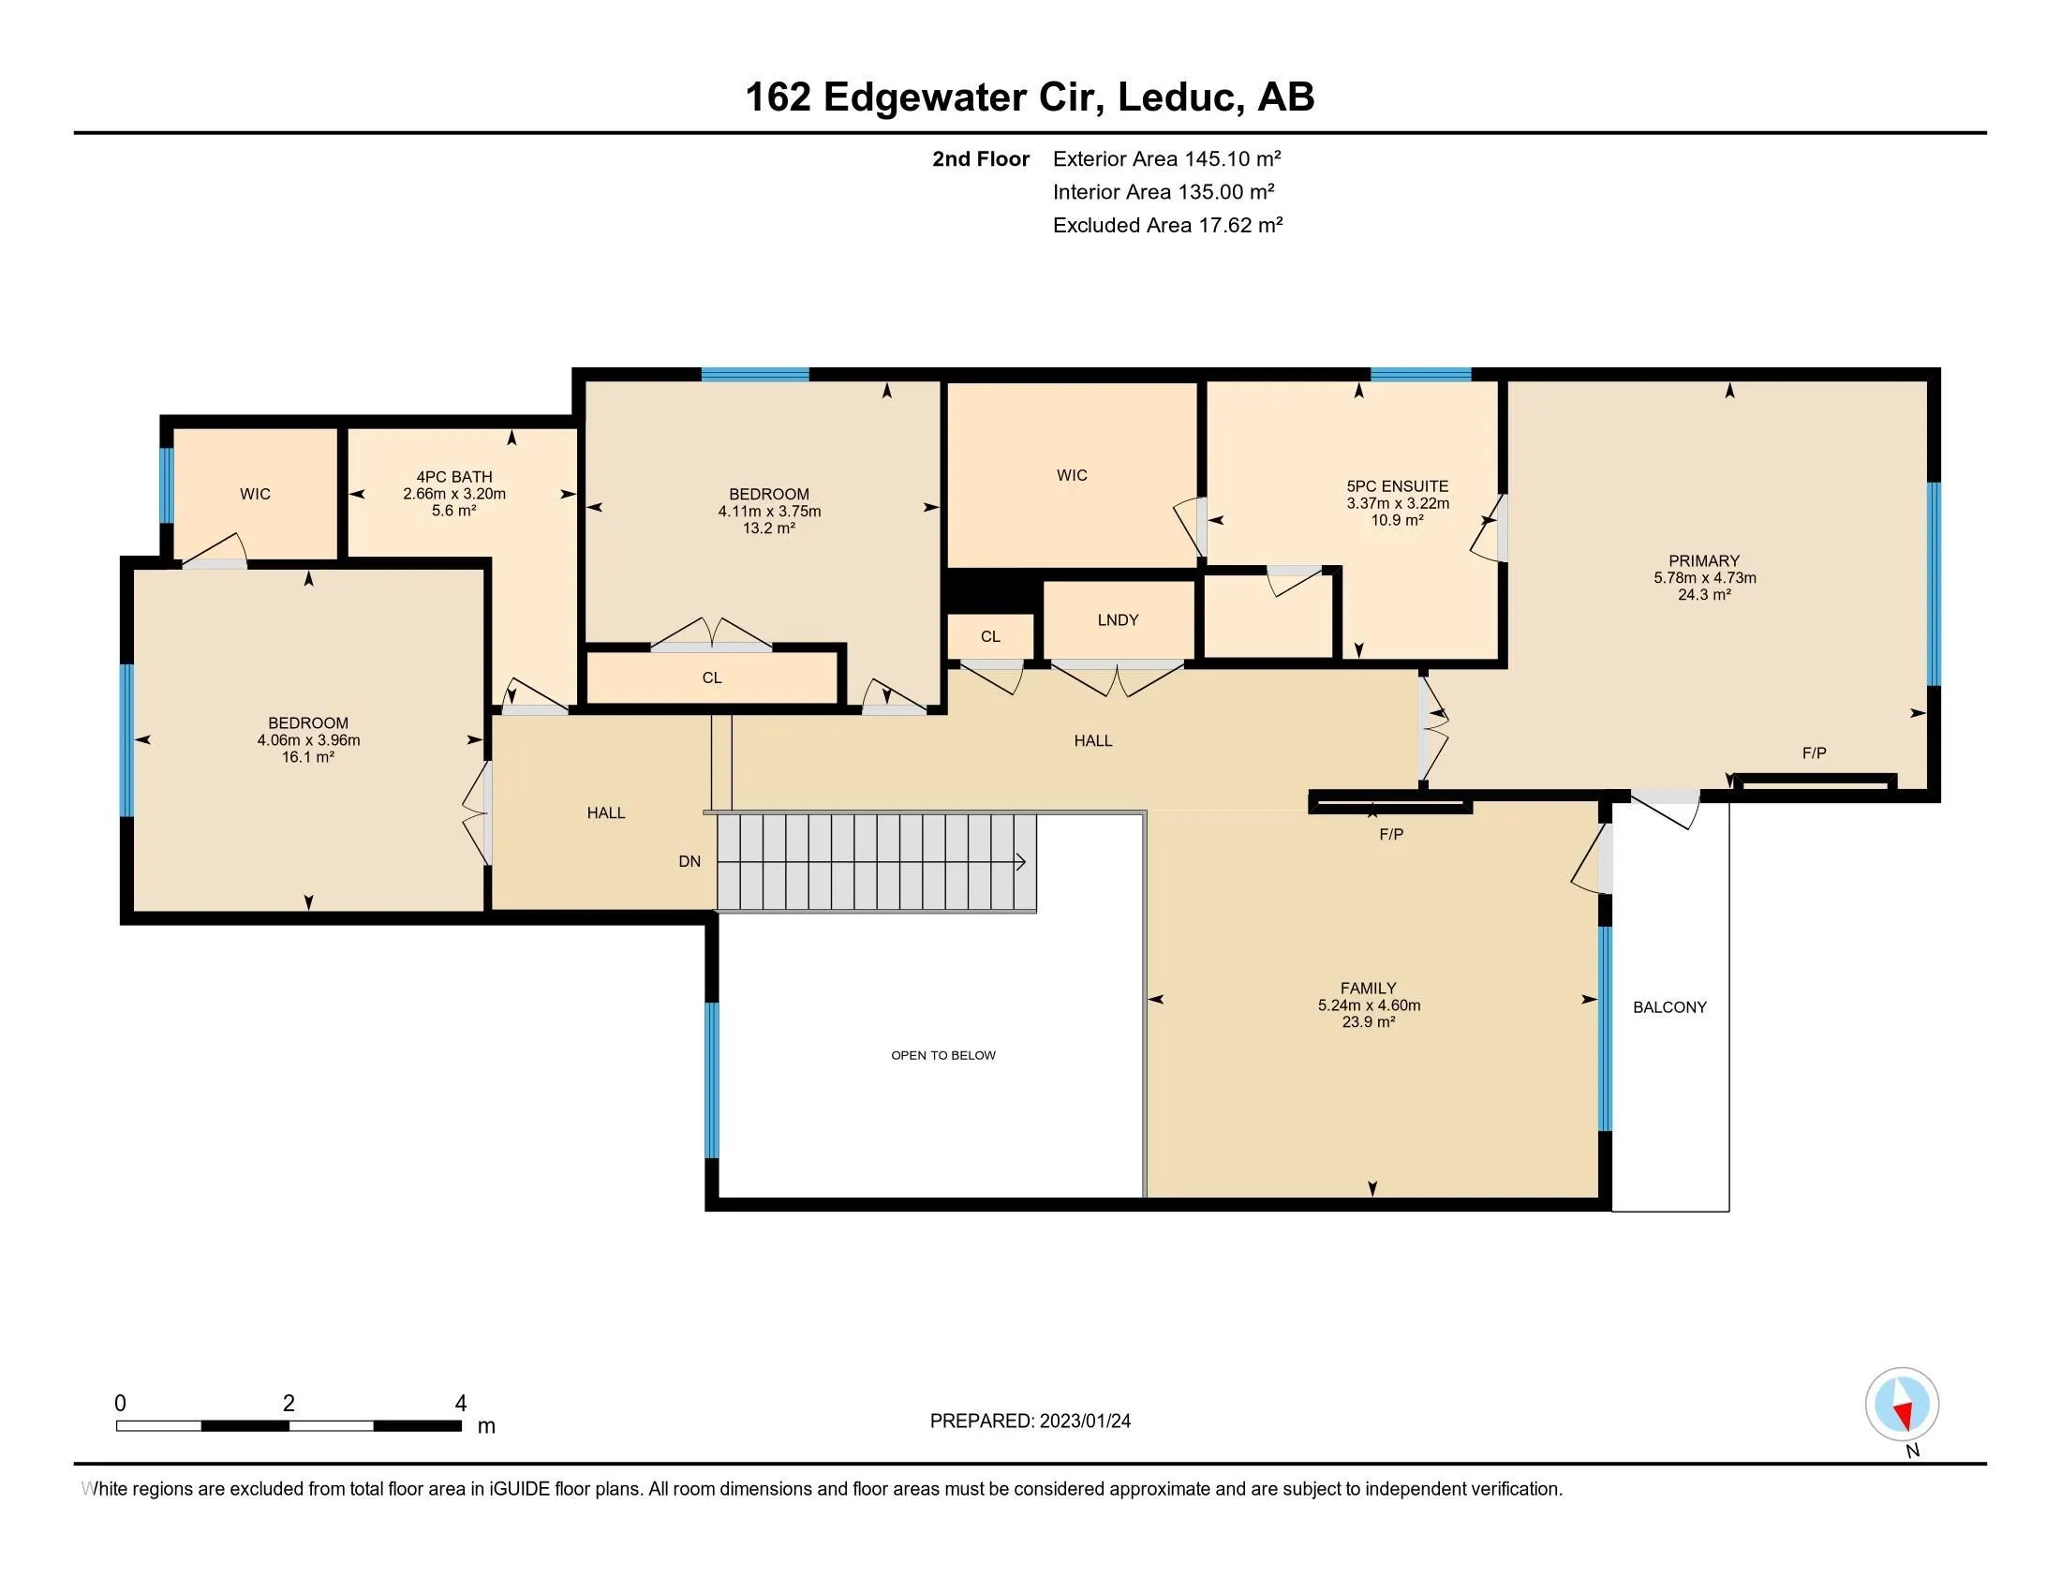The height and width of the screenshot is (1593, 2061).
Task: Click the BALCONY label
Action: coord(1668,1007)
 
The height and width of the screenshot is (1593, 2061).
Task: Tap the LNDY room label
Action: coord(1118,620)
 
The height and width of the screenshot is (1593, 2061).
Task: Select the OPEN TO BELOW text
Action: coord(942,1055)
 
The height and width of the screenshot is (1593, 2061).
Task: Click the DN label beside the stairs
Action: coord(689,861)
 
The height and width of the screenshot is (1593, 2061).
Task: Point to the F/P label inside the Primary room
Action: coord(1814,753)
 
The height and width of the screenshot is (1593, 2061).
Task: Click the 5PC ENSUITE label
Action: coord(1397,486)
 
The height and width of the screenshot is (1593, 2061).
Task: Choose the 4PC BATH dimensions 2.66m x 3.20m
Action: coord(454,494)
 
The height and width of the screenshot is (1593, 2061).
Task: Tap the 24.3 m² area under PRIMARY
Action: coord(1703,594)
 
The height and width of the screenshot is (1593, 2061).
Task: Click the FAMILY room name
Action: coord(1368,988)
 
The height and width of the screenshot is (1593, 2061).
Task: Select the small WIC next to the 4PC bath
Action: coord(255,494)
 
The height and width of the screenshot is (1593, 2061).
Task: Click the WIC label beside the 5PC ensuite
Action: coord(1071,476)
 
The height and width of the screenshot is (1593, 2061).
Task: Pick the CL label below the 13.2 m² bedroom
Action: coord(712,677)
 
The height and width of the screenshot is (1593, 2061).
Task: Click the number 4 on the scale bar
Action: coord(461,1404)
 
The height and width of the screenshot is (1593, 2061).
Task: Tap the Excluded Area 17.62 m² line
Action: coord(1166,225)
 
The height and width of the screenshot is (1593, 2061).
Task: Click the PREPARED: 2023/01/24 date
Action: coord(1030,1422)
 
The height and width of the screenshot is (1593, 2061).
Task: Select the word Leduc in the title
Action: coord(1176,97)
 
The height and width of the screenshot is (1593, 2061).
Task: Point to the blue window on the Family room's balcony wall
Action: coord(1604,1028)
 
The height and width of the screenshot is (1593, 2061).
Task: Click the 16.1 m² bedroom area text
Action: coord(307,757)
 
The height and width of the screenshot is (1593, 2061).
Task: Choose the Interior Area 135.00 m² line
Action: coord(1163,191)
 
